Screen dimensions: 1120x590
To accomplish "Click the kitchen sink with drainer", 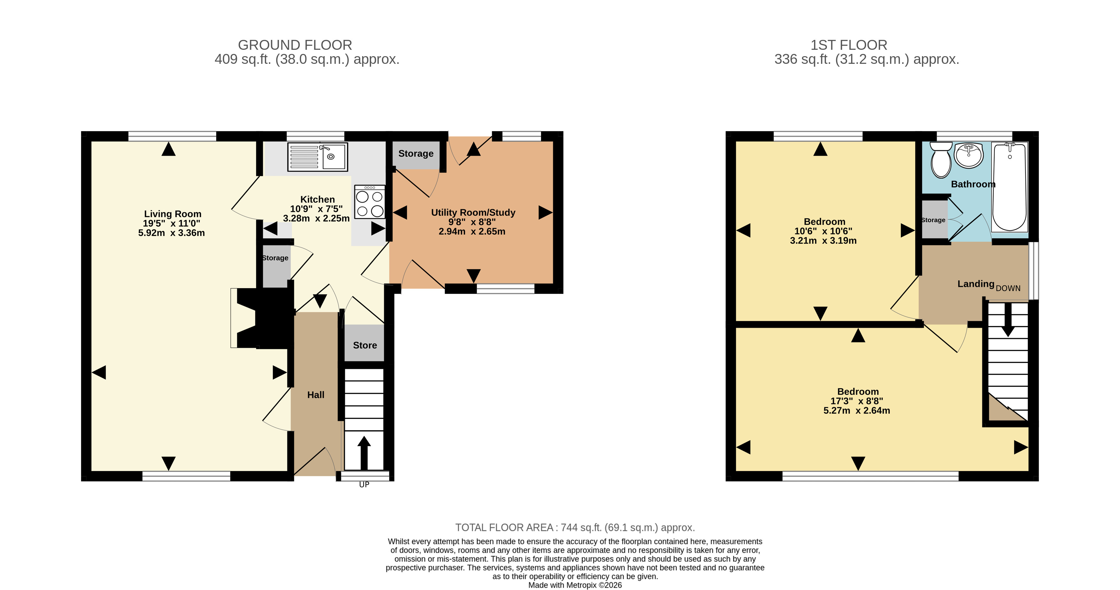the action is tap(317, 156).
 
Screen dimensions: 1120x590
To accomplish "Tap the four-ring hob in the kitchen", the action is tap(370, 202).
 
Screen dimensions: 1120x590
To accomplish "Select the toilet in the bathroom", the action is tap(941, 160).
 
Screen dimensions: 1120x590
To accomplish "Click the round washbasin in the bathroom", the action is tap(969, 155).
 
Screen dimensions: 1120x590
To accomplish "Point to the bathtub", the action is tap(1010, 187).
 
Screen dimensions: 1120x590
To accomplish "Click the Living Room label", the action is tap(172, 214).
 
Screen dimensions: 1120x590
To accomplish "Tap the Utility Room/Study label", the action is tap(473, 213).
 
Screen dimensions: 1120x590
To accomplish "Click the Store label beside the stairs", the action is tap(365, 345).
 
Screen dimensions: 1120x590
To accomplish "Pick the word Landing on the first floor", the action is tap(976, 284).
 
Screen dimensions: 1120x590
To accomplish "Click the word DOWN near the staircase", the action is tap(1008, 288).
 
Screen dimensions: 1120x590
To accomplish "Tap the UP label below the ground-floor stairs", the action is tap(364, 484).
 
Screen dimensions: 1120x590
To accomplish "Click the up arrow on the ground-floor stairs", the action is tap(364, 453).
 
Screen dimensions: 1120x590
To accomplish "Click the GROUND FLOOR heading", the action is tap(295, 45).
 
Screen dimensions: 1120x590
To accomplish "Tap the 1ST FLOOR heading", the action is tap(849, 45).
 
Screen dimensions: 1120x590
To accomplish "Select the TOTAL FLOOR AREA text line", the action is tap(575, 527).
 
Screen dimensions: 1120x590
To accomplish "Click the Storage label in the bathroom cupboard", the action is tap(933, 220).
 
